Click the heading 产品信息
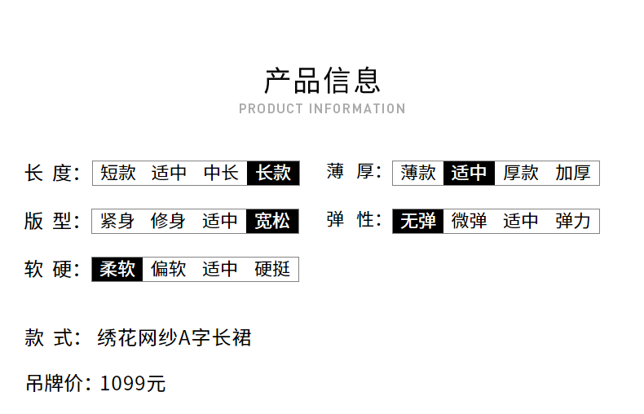(322, 81)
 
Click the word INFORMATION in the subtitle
(357, 109)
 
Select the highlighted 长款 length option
(273, 173)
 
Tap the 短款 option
(118, 173)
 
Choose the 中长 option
(221, 173)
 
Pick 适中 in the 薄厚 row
(469, 173)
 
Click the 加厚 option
(573, 173)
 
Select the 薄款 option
(418, 173)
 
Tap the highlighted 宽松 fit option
(272, 221)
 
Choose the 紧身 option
(117, 221)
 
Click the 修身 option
(168, 221)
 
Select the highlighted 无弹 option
(418, 221)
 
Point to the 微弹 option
(469, 221)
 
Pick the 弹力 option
(573, 221)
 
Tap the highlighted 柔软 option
(117, 269)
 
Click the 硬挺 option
(272, 269)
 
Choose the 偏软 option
(169, 269)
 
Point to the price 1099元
(133, 384)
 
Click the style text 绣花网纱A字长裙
(174, 338)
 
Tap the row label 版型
(52, 222)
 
